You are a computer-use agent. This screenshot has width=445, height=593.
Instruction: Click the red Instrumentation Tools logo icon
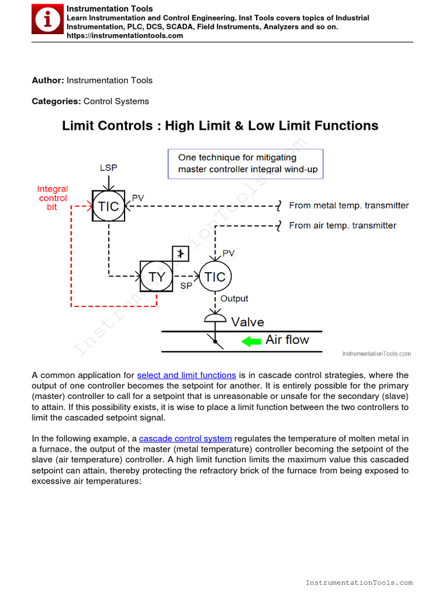pyautogui.click(x=47, y=21)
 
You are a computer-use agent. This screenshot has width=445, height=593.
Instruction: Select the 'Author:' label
pyautogui.click(x=48, y=80)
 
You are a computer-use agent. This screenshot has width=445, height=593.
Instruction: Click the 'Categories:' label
pyautogui.click(x=56, y=101)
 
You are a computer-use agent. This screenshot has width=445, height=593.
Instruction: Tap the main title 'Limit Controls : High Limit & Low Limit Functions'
pyautogui.click(x=220, y=126)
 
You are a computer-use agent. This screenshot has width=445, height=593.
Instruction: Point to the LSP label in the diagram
pyautogui.click(x=108, y=167)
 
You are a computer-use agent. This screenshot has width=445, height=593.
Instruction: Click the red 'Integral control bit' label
pyautogui.click(x=52, y=198)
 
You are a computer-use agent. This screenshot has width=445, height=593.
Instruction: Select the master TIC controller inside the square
pyautogui.click(x=108, y=206)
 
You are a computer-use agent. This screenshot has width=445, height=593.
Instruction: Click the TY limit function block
pyautogui.click(x=156, y=277)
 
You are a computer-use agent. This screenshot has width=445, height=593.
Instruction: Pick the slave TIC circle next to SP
pyautogui.click(x=215, y=277)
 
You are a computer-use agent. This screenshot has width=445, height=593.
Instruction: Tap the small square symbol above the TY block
pyautogui.click(x=181, y=254)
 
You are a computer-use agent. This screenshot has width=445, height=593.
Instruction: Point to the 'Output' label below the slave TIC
pyautogui.click(x=234, y=299)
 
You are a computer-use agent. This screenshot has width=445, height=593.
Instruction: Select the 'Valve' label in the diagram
pyautogui.click(x=247, y=322)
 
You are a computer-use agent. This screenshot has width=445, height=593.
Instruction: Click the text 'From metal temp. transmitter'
pyautogui.click(x=349, y=206)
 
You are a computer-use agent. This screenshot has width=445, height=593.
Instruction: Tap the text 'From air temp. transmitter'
pyautogui.click(x=342, y=225)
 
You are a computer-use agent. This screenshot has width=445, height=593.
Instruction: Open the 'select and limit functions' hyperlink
pyautogui.click(x=187, y=375)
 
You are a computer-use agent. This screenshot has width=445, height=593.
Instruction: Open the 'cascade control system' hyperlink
pyautogui.click(x=185, y=438)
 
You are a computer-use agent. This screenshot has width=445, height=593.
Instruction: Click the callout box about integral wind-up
pyautogui.click(x=245, y=163)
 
